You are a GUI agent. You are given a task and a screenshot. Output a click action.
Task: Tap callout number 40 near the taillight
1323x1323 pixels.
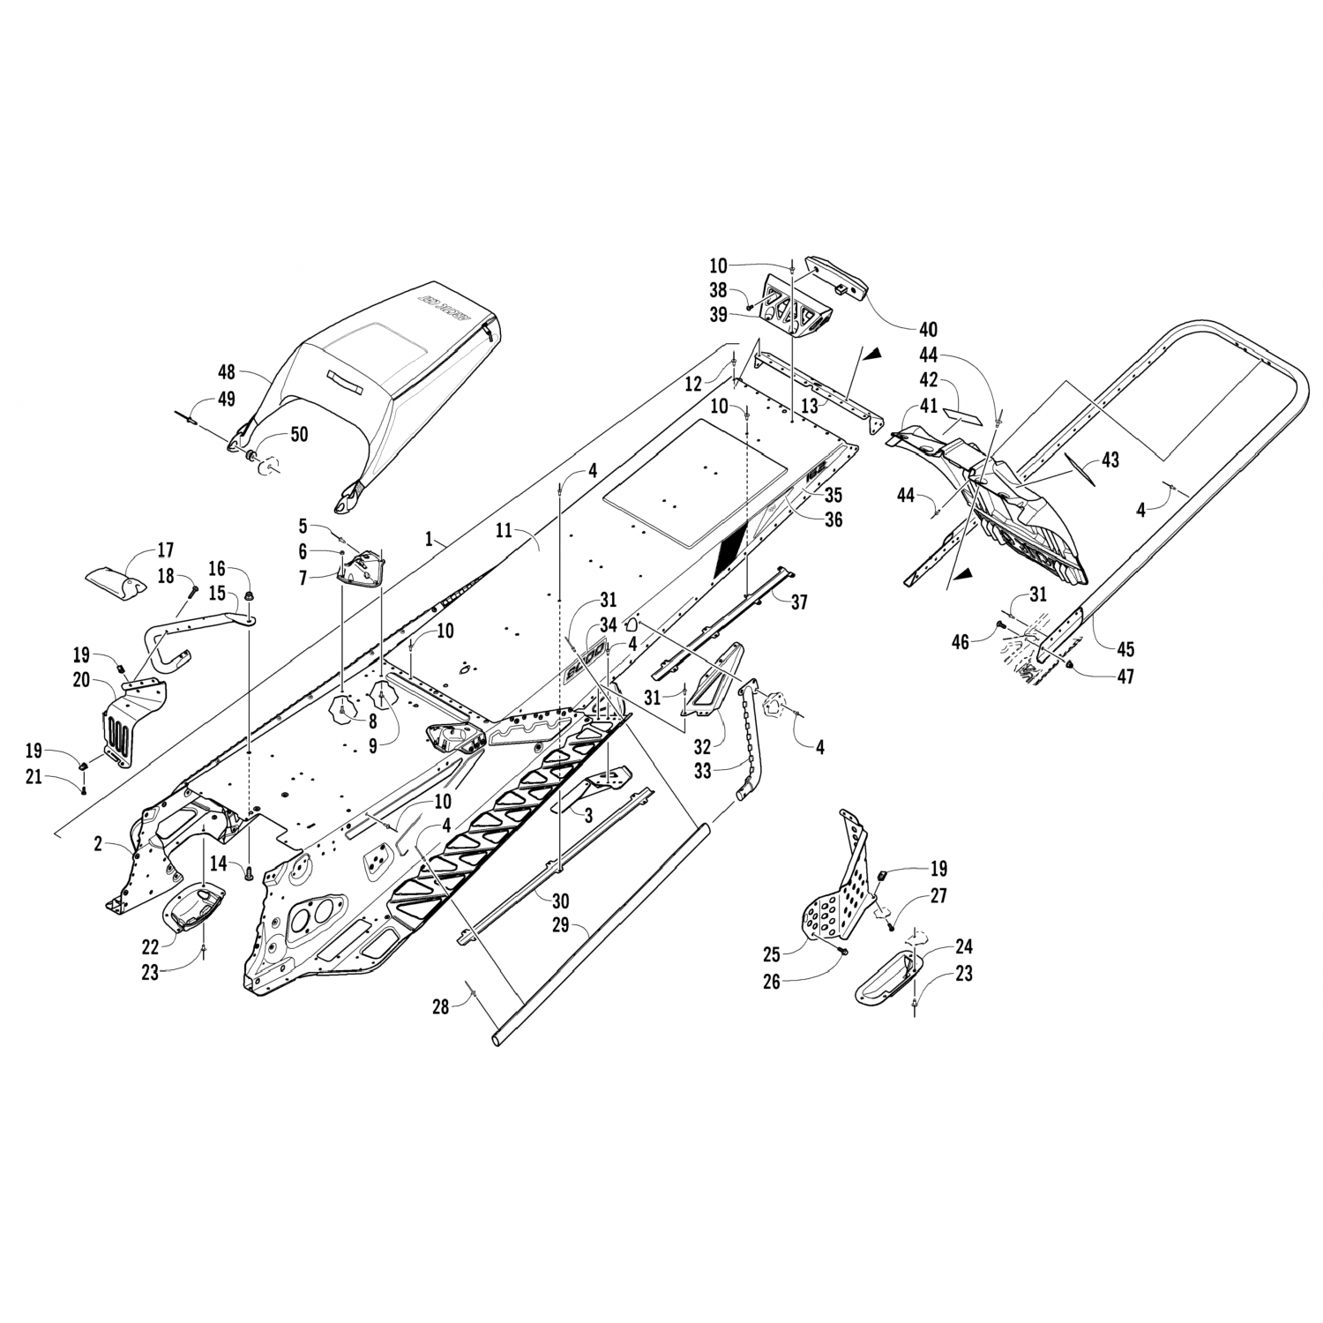point(927,330)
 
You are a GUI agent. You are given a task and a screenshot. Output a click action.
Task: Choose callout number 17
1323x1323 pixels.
point(165,549)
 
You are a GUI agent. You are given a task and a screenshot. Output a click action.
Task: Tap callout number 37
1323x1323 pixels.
point(799,602)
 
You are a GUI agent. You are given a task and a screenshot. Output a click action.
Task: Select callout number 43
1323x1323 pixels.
point(1110,460)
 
